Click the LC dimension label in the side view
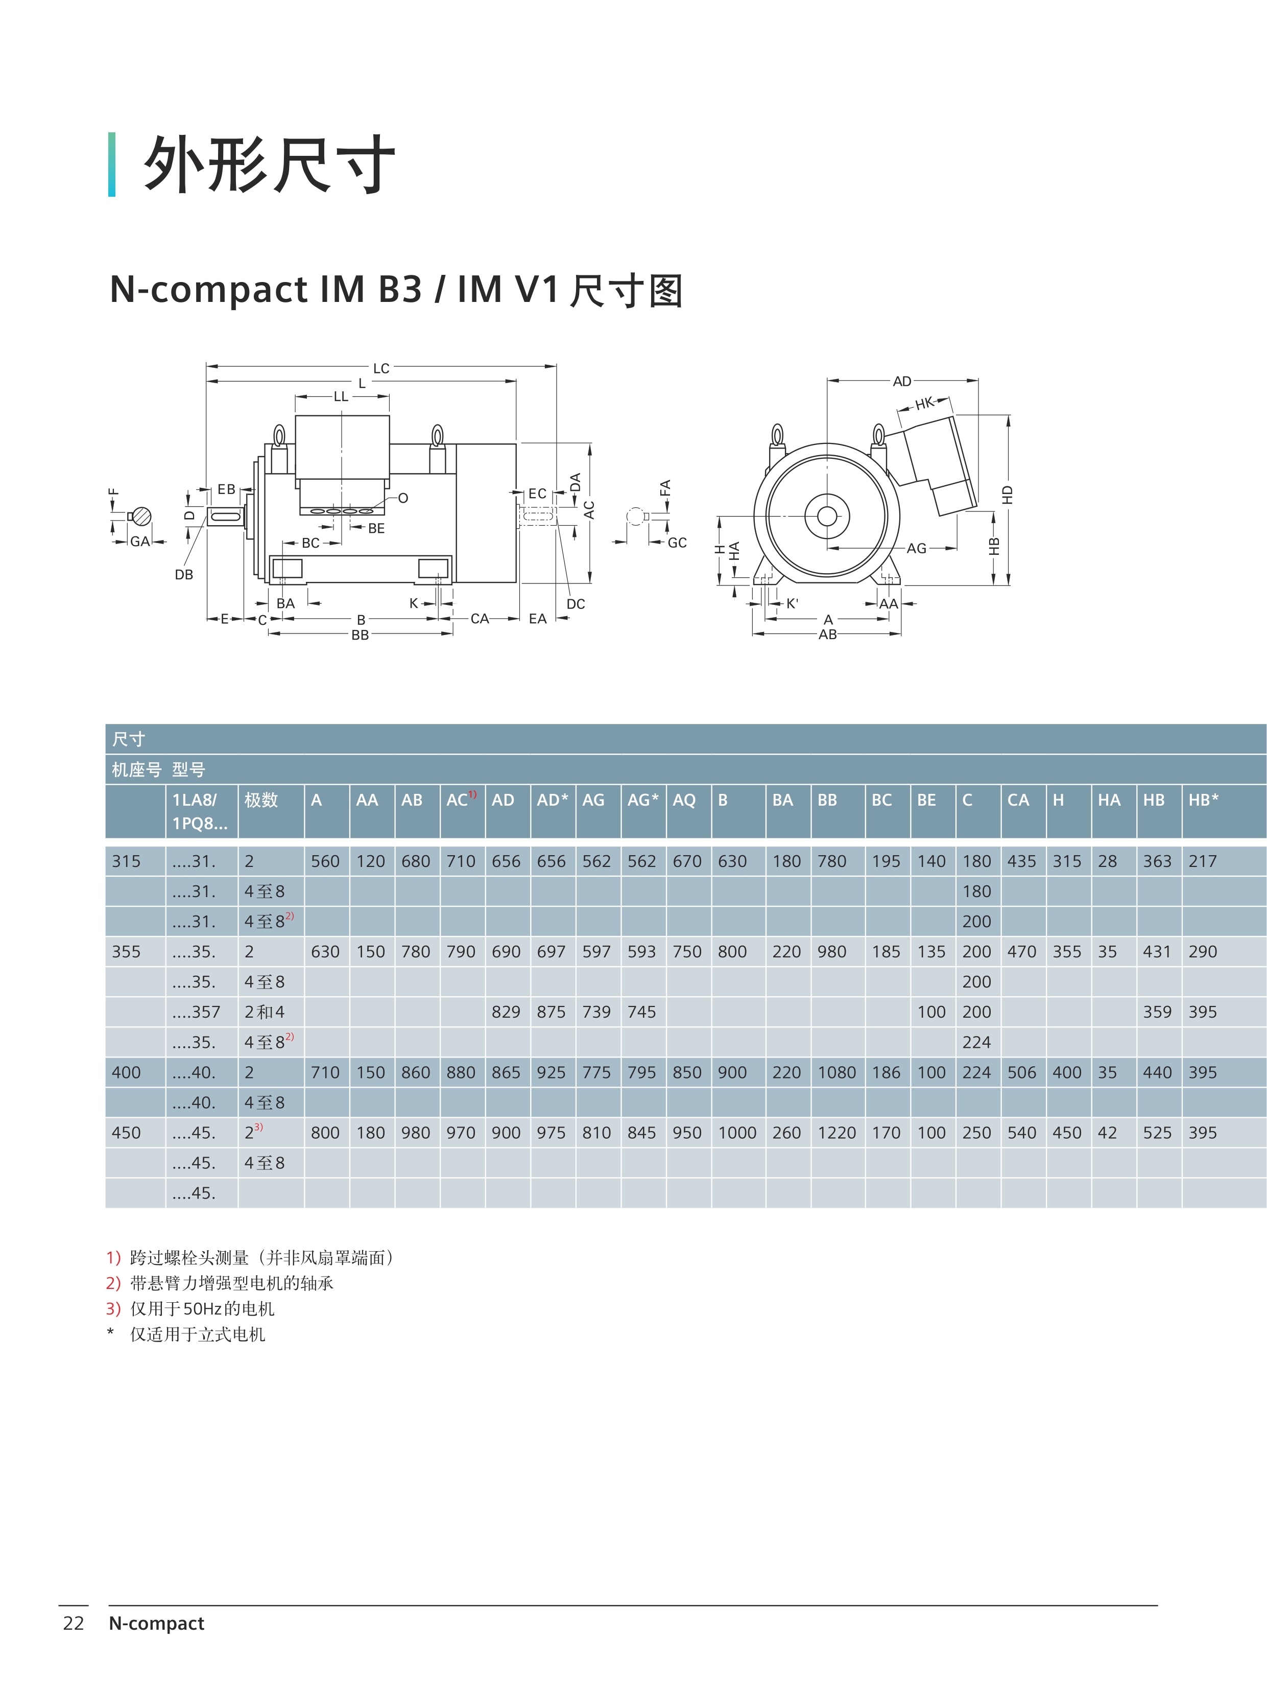coord(381,368)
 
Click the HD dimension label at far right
coord(1008,495)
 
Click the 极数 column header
coord(261,800)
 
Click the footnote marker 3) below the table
coord(113,1309)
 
